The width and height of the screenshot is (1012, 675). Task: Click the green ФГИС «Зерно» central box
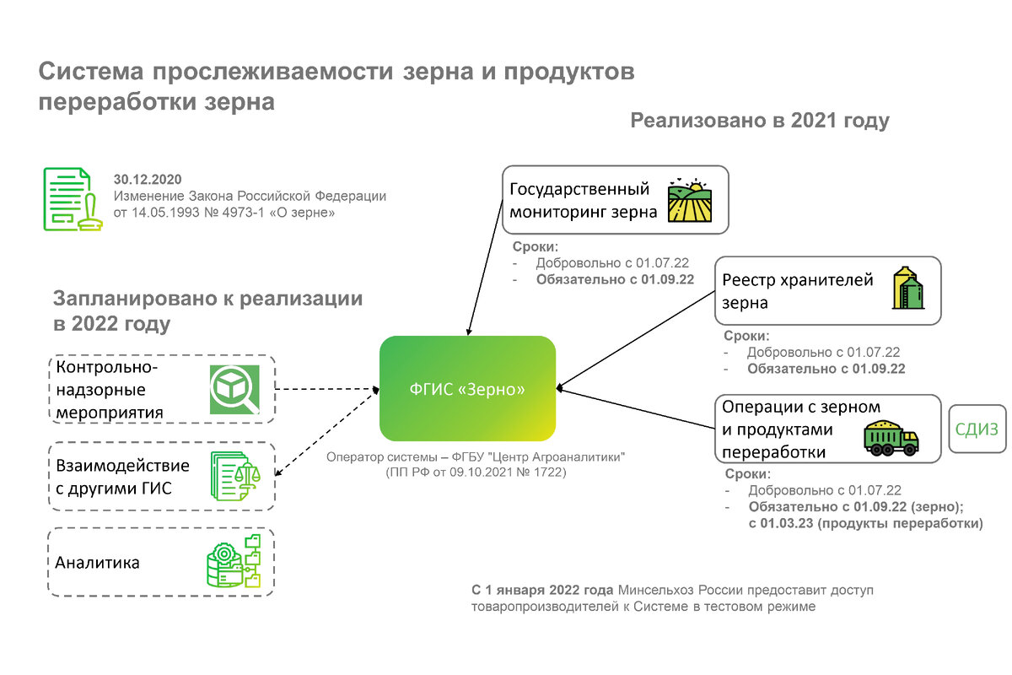coord(467,389)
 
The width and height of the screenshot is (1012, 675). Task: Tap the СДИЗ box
coord(977,429)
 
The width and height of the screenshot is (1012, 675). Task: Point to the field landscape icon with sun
coord(690,200)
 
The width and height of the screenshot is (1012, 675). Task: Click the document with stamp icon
coord(68,199)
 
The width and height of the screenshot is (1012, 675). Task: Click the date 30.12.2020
coord(148,180)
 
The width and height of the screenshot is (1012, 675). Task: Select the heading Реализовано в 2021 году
coord(760,121)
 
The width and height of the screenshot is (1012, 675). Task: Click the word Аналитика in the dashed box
coord(98,563)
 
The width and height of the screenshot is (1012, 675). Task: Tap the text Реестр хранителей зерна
coord(797,291)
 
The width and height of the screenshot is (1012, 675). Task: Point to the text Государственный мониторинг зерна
coord(583,200)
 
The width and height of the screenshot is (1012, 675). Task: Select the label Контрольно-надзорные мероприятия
coord(110,390)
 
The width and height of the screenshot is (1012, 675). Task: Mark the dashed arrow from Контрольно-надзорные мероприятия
coord(325,389)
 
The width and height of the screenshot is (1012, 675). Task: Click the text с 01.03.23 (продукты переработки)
coord(865,523)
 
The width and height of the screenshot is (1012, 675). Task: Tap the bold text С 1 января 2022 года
coord(542,589)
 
